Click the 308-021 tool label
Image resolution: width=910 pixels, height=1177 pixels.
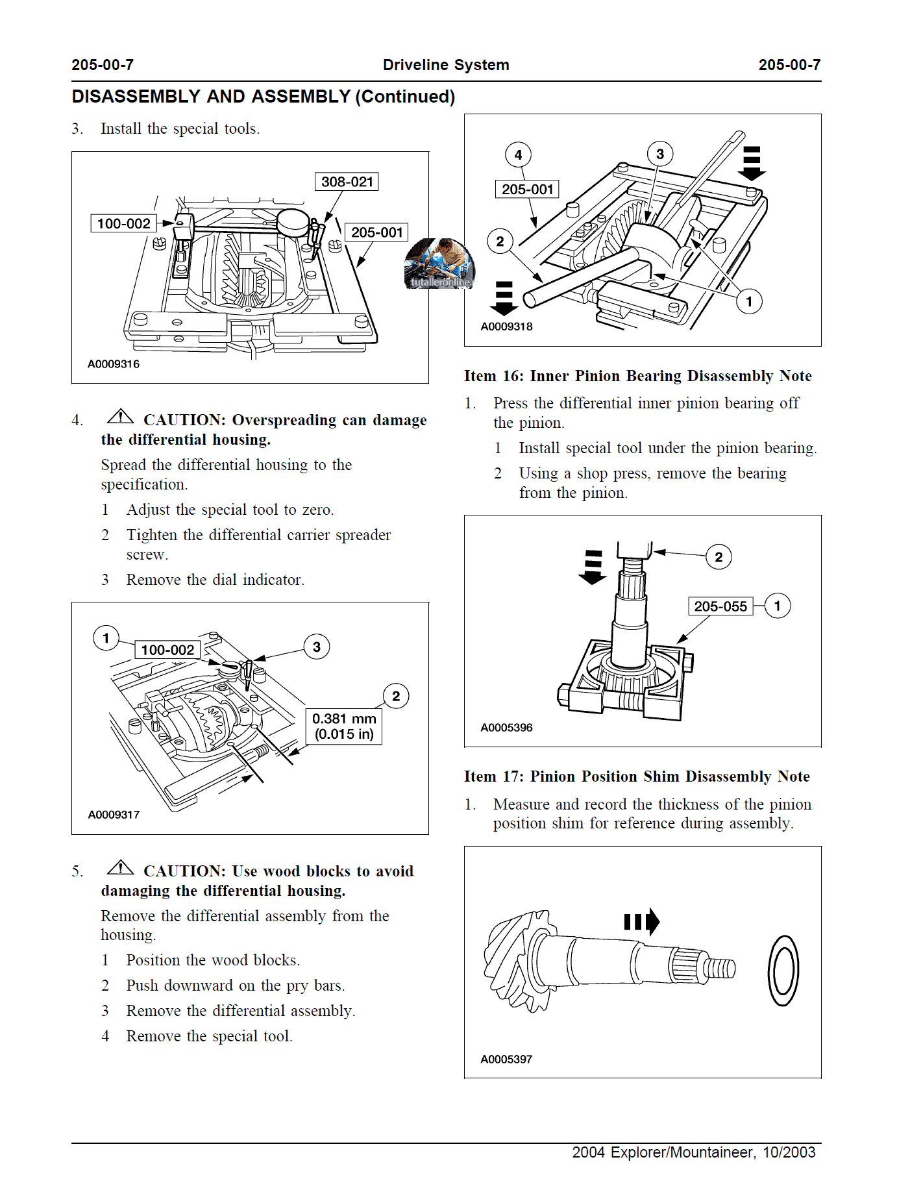pos(347,182)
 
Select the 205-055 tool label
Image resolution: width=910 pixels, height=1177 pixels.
pos(720,606)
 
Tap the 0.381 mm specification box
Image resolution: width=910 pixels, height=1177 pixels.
pos(344,726)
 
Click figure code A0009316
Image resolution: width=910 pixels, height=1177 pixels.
pos(114,364)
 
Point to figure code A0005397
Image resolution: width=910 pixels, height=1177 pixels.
pos(506,1059)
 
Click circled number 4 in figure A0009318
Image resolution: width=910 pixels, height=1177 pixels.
pos(518,155)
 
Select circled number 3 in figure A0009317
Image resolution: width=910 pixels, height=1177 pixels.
pos(317,647)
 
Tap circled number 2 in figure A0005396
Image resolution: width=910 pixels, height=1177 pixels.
pos(719,557)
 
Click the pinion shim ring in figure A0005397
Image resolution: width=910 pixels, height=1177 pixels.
pos(783,971)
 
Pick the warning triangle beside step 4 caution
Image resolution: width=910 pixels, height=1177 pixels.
pos(121,416)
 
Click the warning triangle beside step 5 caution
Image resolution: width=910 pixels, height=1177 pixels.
pos(121,867)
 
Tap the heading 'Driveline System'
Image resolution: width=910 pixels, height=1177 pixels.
pos(446,65)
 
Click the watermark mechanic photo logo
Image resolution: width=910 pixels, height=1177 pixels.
pos(440,264)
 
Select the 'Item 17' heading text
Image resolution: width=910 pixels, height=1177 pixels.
pos(637,776)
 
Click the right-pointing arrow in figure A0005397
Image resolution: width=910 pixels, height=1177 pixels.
pos(642,922)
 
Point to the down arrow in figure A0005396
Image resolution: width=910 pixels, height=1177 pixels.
pos(593,567)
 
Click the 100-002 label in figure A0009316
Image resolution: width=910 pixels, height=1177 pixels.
pos(123,224)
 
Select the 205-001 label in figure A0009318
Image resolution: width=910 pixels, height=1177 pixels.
pos(527,190)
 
